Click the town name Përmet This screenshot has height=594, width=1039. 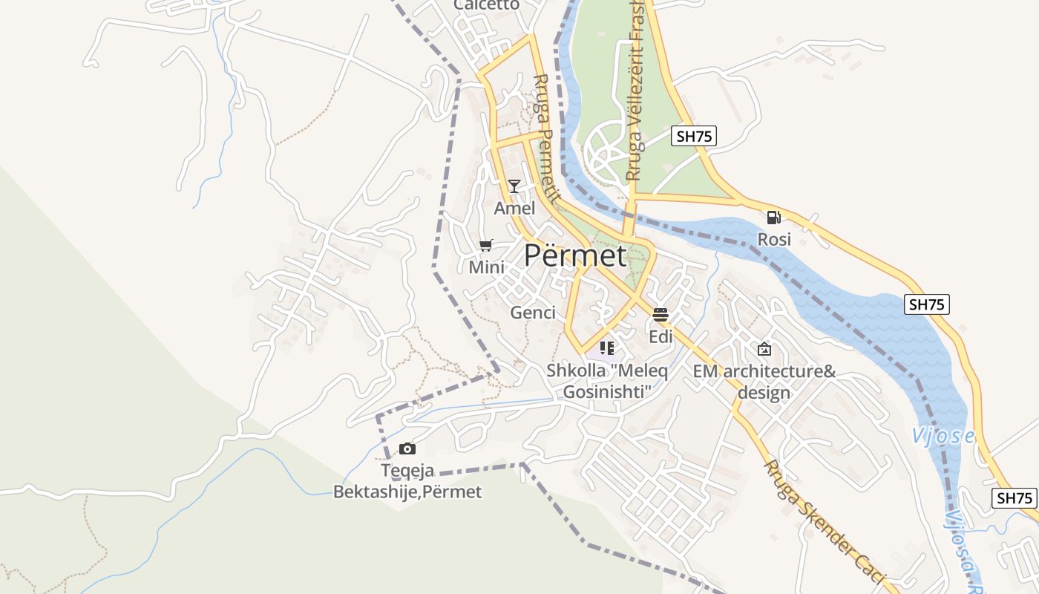click(575, 255)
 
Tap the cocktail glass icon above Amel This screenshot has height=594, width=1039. click(514, 186)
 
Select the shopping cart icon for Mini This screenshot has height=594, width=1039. click(486, 246)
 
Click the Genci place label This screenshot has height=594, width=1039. click(533, 313)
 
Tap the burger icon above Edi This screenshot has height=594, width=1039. click(661, 315)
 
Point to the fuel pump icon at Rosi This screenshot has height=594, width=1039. click(773, 218)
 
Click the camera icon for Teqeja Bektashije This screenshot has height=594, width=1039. click(407, 448)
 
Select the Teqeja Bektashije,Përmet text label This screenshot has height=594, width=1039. click(407, 481)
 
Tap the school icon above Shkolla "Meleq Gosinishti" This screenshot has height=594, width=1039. click(607, 347)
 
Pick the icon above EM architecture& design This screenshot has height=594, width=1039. click(764, 349)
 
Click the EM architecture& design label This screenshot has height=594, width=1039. click(764, 382)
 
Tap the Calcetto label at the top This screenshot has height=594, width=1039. click(486, 5)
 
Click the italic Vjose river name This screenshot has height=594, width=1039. click(943, 436)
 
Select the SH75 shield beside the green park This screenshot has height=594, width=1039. click(694, 136)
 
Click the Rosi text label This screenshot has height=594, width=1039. click(774, 239)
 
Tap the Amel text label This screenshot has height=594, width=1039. click(514, 208)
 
